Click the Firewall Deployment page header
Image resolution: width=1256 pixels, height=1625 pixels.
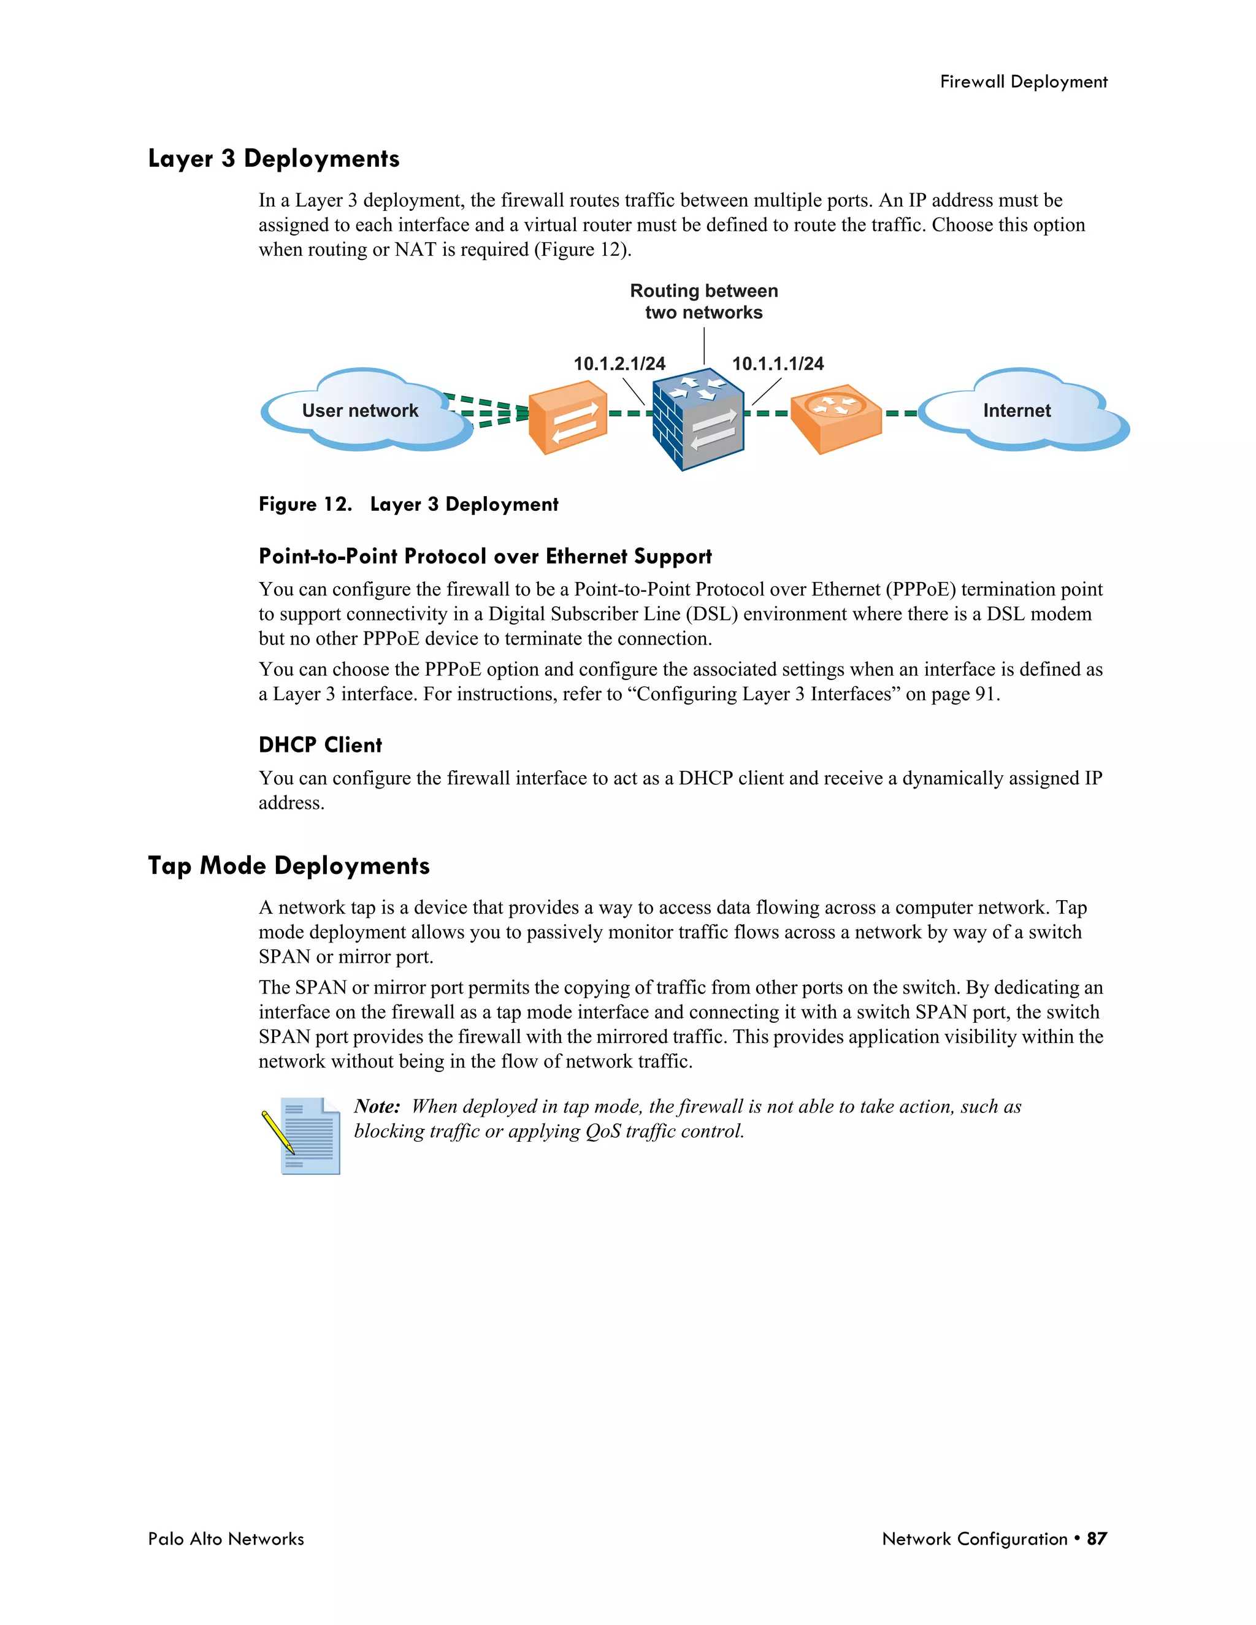point(1023,82)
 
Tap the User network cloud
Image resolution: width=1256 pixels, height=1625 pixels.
point(361,411)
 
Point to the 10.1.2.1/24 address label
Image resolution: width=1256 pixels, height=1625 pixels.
point(619,364)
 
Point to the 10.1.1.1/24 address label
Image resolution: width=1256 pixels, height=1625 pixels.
point(778,364)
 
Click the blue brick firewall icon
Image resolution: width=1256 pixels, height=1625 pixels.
point(698,421)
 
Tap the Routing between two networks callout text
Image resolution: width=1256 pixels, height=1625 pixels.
point(704,301)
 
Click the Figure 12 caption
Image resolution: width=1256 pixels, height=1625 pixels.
point(408,505)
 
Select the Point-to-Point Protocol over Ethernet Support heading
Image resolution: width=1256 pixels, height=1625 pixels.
point(485,557)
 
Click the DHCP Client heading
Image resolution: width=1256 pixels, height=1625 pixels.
point(320,745)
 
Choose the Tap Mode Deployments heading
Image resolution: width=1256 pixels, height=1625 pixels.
point(289,866)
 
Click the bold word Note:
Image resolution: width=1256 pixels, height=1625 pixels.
point(377,1106)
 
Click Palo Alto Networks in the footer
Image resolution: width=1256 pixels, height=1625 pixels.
point(226,1539)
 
